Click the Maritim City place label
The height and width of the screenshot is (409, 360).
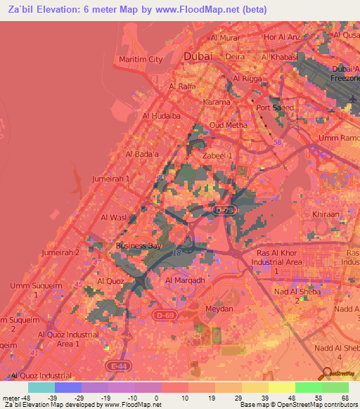click(x=141, y=60)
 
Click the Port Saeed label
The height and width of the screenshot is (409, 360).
click(x=275, y=108)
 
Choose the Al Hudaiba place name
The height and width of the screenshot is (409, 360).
click(x=162, y=115)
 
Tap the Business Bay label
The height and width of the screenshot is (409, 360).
click(x=139, y=246)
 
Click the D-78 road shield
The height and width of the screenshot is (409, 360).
click(x=224, y=209)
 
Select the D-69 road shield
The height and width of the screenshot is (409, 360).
click(x=164, y=316)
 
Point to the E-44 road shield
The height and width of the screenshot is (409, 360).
click(x=116, y=365)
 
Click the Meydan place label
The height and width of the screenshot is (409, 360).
click(x=217, y=309)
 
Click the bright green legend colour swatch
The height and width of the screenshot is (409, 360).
click(x=308, y=387)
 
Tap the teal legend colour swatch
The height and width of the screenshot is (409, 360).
click(x=41, y=387)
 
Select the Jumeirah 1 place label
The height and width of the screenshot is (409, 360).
click(x=112, y=179)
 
